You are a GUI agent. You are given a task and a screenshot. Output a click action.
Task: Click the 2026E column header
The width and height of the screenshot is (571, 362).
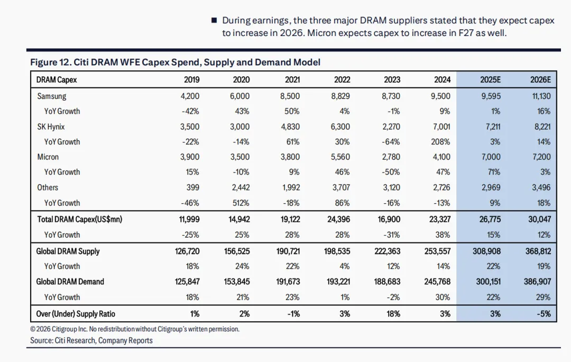(540, 80)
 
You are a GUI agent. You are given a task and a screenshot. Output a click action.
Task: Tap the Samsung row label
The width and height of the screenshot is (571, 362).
(52, 96)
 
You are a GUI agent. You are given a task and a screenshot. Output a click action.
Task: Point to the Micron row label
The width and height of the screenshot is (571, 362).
(48, 157)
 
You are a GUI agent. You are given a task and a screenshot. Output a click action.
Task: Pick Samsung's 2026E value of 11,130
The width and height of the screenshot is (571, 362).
(539, 96)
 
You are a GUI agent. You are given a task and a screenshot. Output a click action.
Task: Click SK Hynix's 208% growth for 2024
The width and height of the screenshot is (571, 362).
(440, 142)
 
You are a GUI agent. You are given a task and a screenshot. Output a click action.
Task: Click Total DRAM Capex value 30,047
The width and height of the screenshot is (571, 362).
(538, 219)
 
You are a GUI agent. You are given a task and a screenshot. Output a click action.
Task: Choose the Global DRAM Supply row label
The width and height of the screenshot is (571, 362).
(68, 251)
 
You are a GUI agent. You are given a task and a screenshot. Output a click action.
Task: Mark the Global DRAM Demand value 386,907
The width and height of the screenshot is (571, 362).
(537, 282)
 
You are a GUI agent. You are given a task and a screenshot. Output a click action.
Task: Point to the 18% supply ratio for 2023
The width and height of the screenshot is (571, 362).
(393, 314)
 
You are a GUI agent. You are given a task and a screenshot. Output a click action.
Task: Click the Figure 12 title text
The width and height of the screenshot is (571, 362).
(175, 62)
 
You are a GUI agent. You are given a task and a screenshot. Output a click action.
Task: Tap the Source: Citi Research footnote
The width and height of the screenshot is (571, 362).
(91, 340)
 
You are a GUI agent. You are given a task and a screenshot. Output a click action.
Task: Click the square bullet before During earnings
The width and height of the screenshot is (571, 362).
(214, 20)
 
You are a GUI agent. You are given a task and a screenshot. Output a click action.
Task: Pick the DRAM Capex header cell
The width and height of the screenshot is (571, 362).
(57, 80)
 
